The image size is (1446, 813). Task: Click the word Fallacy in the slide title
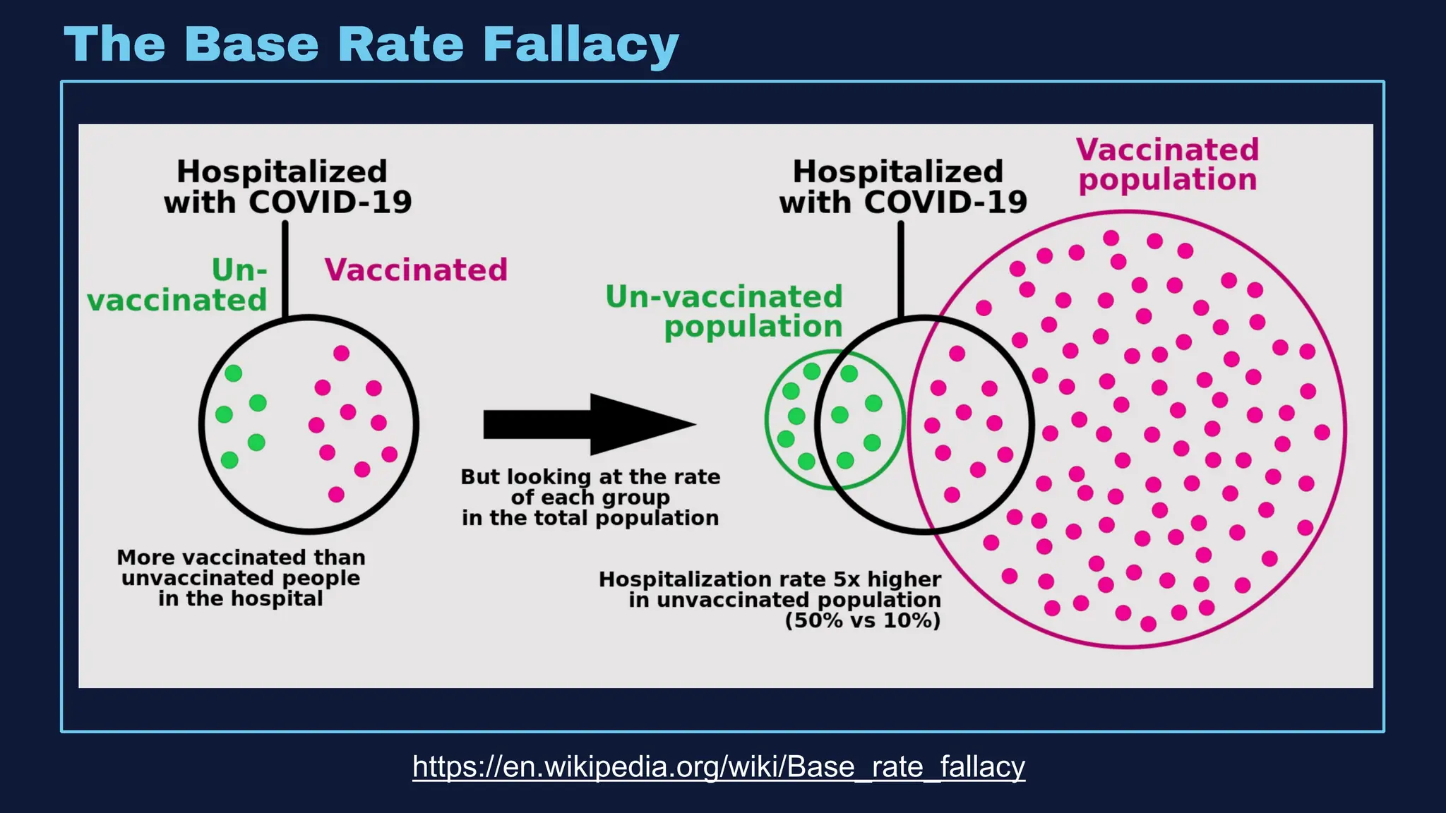coord(580,44)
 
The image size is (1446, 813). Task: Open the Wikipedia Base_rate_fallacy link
coord(718,766)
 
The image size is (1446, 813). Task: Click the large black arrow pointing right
coord(590,424)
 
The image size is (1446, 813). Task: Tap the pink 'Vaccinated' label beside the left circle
coord(416,270)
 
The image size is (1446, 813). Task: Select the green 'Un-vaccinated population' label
coord(724,311)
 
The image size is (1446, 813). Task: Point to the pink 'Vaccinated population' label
coord(1168,164)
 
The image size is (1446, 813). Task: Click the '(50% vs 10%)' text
coord(863,620)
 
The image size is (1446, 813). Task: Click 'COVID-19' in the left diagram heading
coord(330,203)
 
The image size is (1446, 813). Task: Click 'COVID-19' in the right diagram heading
coord(945,203)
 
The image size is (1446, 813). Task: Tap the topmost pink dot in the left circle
coord(341,353)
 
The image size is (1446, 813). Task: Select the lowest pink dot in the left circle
coord(336,495)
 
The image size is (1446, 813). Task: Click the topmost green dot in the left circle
coord(233,373)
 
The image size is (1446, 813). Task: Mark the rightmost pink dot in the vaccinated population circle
coord(1322,432)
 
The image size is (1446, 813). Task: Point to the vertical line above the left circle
coord(285,268)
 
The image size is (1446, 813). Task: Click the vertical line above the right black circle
coord(901,268)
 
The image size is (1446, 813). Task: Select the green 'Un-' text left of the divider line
coord(239,270)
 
